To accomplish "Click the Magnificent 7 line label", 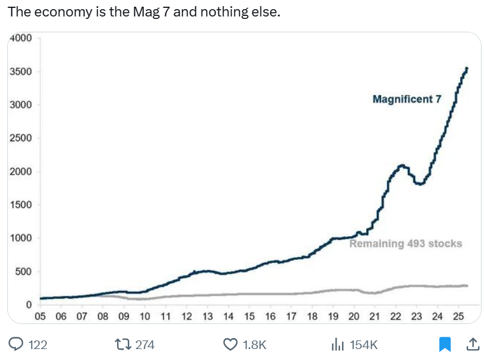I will coord(407,99).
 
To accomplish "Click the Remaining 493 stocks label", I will coord(405,243).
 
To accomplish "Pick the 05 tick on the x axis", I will coord(40,316).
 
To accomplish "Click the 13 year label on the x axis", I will coord(207,316).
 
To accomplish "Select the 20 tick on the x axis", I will coord(354,316).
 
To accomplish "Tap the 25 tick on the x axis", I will coord(458,316).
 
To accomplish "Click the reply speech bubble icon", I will coord(16,345).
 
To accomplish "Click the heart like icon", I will coord(230,345).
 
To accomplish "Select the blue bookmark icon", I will coord(445,345).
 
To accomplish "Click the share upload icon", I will coord(472,345).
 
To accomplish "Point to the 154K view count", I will coord(364,345).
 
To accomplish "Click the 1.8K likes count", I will coord(255,345).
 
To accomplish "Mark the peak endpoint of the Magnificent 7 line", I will coord(466,68).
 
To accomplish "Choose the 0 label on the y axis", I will coord(29,304).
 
